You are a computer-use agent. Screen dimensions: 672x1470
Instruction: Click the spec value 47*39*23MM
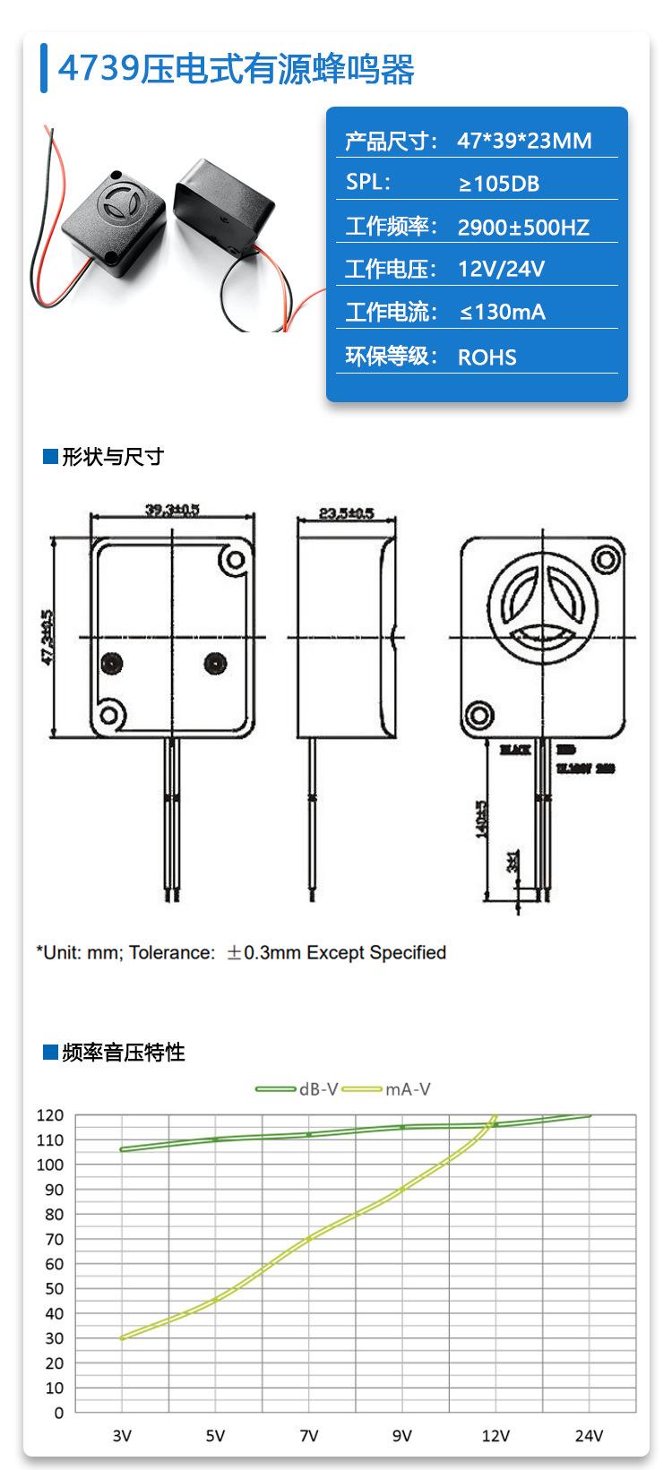(524, 141)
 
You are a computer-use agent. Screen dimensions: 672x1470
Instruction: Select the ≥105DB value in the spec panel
(498, 184)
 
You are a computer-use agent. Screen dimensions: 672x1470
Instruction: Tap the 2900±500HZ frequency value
(523, 227)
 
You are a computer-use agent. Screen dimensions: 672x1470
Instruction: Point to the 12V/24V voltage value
(501, 269)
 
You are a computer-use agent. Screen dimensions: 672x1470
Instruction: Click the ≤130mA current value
(502, 312)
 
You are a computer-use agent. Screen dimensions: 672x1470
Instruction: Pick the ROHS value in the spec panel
(487, 357)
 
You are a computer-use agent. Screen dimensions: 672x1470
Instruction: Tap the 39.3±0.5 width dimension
(173, 510)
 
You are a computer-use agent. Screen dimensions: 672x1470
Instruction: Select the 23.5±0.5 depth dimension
(346, 513)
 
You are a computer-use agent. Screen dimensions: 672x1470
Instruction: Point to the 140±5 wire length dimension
(481, 815)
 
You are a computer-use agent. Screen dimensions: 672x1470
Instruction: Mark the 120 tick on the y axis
(50, 1115)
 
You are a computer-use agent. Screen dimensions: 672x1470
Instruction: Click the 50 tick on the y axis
(53, 1289)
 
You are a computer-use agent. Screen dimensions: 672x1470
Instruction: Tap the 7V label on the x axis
(309, 1436)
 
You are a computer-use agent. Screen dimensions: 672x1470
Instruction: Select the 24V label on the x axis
(589, 1436)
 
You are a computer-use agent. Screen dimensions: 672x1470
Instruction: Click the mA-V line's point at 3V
(122, 1337)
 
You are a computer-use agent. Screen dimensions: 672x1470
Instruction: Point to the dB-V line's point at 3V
(122, 1149)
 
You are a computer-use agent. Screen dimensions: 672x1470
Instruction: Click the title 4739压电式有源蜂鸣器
(237, 69)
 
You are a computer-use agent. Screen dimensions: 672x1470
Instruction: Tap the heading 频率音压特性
(124, 1052)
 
